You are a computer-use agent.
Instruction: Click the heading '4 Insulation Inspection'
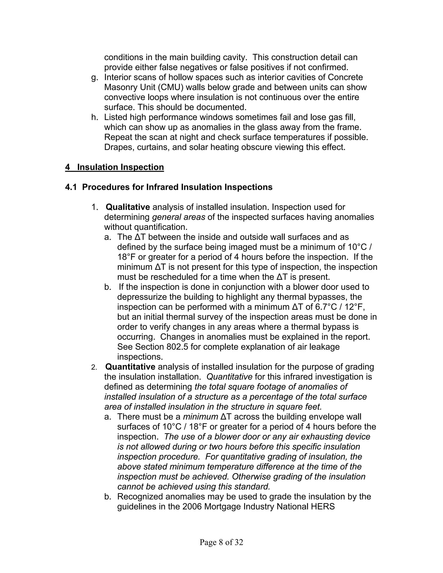[x=114, y=167]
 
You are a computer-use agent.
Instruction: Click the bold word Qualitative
[x=128, y=207]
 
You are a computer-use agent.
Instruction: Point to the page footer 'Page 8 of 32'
[x=221, y=542]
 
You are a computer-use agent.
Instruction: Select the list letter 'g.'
[x=95, y=77]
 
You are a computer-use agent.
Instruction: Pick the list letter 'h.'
[x=95, y=117]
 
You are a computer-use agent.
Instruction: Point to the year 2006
[x=192, y=506]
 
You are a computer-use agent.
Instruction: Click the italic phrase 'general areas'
[x=178, y=217]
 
